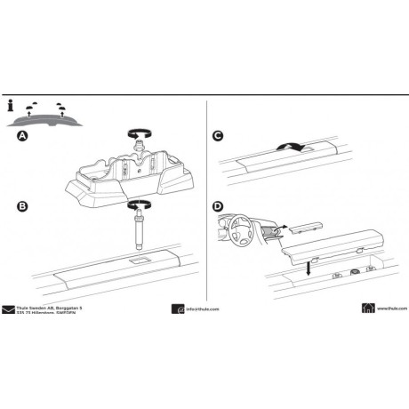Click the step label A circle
coord(21,137)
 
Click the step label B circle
coord(21,208)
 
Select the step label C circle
coord(220,137)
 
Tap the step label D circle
coord(220,208)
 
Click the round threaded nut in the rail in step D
coord(355,270)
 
